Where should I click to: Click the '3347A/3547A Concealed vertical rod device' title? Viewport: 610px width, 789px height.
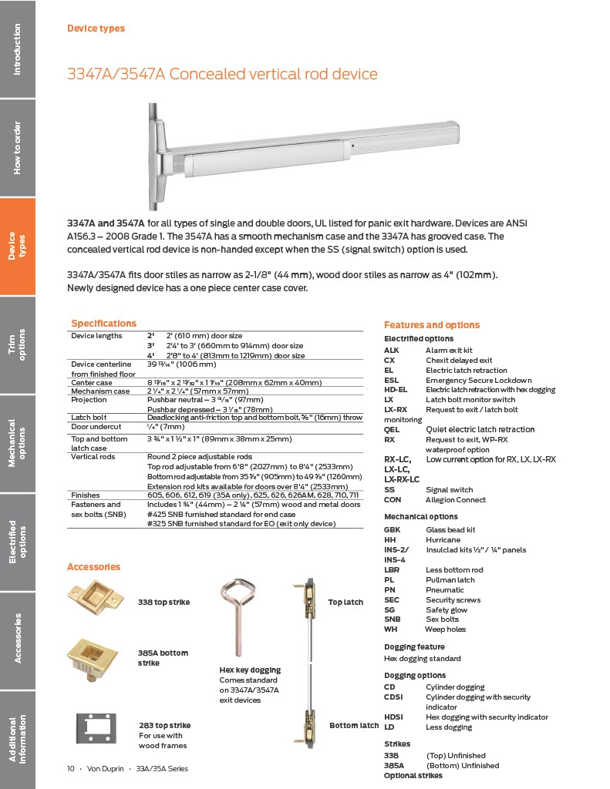click(222, 74)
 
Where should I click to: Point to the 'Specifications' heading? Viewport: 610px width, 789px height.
click(103, 324)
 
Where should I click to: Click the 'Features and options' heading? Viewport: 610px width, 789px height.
click(431, 325)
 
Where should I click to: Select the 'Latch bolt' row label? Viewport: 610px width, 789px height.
click(89, 417)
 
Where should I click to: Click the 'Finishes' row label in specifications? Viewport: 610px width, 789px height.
click(86, 495)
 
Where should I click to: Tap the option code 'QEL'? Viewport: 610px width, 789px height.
click(392, 429)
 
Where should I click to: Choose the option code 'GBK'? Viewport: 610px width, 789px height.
click(393, 530)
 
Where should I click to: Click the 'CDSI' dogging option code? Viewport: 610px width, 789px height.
click(394, 697)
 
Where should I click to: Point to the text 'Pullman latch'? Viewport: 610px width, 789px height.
click(450, 579)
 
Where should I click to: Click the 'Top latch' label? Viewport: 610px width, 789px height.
click(345, 602)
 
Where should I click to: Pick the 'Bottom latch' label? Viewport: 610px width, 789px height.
click(354, 725)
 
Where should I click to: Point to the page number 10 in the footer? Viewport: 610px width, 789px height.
click(70, 768)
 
